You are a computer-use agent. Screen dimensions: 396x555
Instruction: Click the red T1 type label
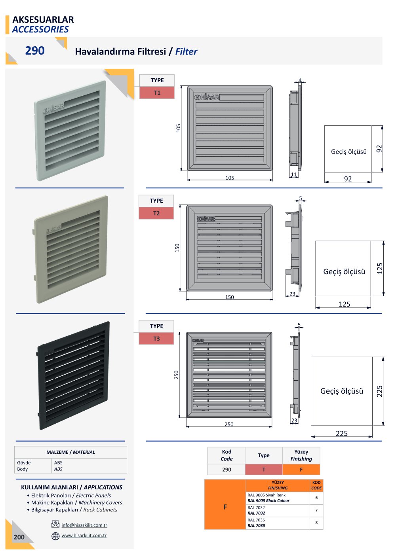click(x=157, y=93)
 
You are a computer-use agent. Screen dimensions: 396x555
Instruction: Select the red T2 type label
click(x=156, y=213)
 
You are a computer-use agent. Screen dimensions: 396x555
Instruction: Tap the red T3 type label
click(x=156, y=339)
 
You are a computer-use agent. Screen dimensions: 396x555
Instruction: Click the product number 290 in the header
click(x=35, y=51)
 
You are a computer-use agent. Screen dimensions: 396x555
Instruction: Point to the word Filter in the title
click(x=186, y=51)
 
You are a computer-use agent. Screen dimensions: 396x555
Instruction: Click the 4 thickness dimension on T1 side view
click(x=300, y=80)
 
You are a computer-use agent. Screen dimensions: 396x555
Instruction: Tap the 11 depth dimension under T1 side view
click(x=293, y=174)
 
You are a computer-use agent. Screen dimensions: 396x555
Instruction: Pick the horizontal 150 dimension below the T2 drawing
click(x=229, y=297)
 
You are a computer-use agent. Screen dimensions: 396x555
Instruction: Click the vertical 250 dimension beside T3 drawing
click(x=176, y=375)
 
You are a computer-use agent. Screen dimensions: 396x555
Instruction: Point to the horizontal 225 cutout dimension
click(x=341, y=433)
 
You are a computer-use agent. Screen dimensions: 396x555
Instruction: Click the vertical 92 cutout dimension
click(x=379, y=149)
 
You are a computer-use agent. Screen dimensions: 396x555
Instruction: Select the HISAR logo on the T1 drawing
click(x=207, y=97)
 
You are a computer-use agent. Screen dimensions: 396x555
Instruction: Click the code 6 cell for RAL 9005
click(x=316, y=498)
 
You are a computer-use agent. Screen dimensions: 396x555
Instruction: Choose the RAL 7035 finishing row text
click(x=256, y=523)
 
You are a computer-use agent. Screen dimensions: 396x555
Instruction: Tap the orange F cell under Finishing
click(x=301, y=470)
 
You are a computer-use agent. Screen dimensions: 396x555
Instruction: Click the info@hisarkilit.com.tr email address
click(x=84, y=525)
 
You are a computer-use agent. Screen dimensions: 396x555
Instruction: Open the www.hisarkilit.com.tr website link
click(x=84, y=536)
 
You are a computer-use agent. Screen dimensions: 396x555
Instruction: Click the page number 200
click(x=19, y=537)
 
